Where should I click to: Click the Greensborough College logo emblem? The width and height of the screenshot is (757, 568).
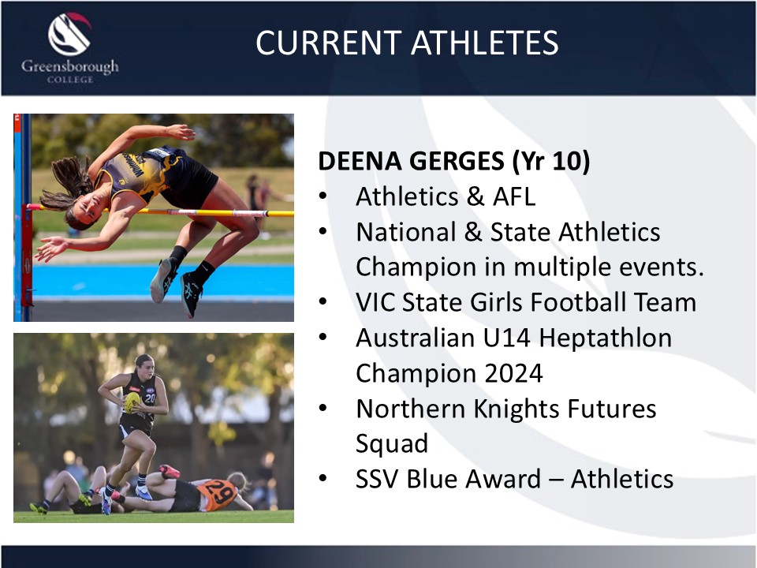click(x=69, y=34)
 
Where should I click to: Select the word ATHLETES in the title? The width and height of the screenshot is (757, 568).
click(x=484, y=43)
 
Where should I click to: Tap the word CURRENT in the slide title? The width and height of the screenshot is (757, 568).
click(x=328, y=43)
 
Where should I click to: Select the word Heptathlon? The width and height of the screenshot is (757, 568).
click(x=605, y=338)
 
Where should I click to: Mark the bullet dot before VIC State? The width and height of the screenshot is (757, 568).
click(x=323, y=301)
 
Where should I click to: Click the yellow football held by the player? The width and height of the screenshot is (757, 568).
click(x=132, y=402)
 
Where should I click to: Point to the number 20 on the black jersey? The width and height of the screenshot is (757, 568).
click(x=149, y=398)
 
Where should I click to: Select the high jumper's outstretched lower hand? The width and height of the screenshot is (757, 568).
click(x=50, y=248)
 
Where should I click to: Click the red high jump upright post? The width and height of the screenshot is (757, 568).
click(x=27, y=256)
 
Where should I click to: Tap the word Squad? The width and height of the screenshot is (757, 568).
click(x=392, y=444)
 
